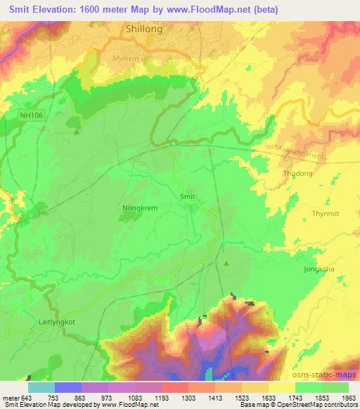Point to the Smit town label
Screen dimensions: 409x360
[x=187, y=197]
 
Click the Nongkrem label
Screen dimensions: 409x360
[x=139, y=208]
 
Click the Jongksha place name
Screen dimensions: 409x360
[x=321, y=267]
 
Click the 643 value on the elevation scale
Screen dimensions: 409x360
[x=27, y=397]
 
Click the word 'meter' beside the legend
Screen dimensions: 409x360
[x=11, y=397]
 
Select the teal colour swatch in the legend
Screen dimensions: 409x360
[x=41, y=387]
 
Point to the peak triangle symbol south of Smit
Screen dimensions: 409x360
[x=226, y=264]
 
